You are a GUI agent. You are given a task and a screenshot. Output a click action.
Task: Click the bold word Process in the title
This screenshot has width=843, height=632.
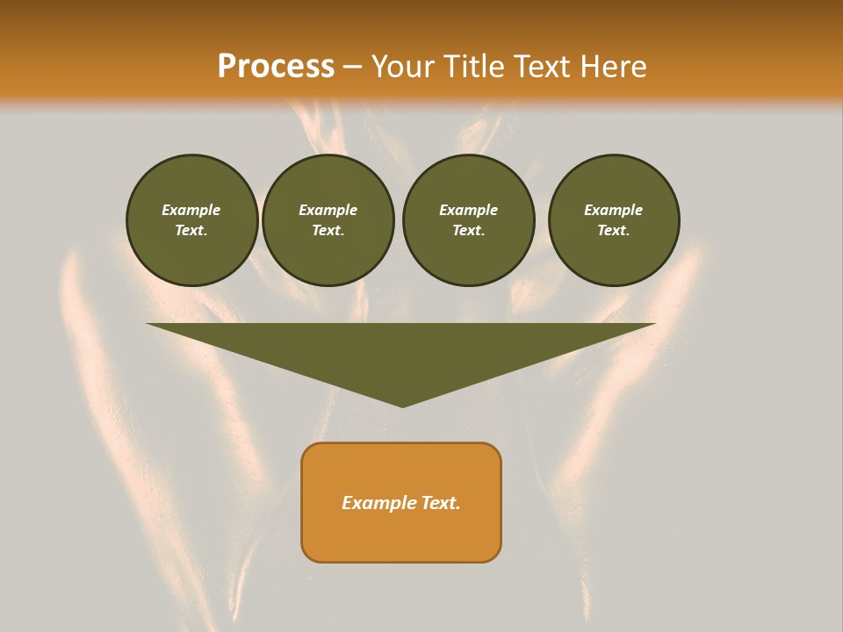point(276,67)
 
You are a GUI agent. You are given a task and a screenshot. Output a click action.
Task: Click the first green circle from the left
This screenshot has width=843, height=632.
point(192,220)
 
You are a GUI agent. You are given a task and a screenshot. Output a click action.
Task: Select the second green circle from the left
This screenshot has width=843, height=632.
point(328,220)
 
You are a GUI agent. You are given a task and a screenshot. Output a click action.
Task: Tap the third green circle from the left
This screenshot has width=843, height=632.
point(468,220)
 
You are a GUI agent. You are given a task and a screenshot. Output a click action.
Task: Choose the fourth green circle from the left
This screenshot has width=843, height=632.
point(614,220)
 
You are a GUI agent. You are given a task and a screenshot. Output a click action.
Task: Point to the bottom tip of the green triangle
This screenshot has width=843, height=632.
point(402,405)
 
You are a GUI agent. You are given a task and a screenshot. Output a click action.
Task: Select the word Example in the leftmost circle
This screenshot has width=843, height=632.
point(191,210)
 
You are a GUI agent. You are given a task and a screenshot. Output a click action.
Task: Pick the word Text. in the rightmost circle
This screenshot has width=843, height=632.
point(614,230)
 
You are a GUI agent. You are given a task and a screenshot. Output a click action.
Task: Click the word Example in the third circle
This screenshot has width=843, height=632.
point(468,210)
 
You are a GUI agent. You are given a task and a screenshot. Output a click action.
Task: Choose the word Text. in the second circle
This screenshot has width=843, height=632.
point(328,230)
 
